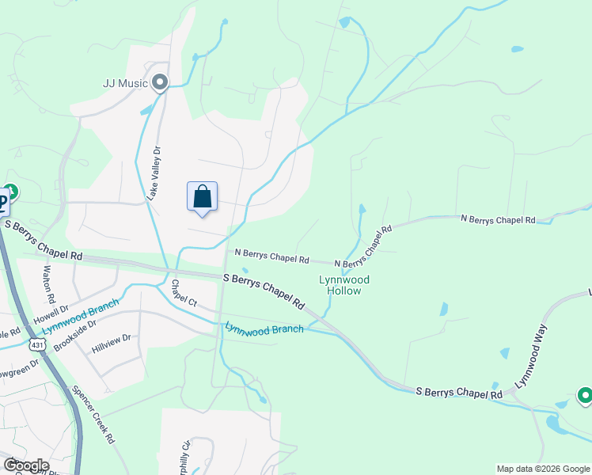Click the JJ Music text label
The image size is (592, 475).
pyautogui.click(x=126, y=82)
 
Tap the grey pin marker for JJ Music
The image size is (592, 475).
pyautogui.click(x=161, y=82)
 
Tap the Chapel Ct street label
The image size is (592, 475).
pyautogui.click(x=183, y=292)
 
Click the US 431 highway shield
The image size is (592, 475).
pyautogui.click(x=36, y=344)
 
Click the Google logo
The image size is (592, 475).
pyautogui.click(x=26, y=465)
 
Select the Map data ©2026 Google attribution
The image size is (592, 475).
pyautogui.click(x=542, y=469)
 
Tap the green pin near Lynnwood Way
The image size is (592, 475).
pyautogui.click(x=585, y=394)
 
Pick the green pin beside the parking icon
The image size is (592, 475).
pyautogui.click(x=12, y=192)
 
